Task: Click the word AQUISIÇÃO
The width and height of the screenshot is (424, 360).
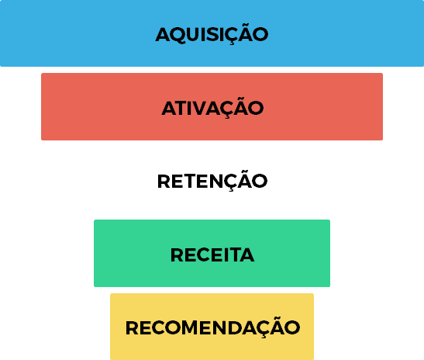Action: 212,34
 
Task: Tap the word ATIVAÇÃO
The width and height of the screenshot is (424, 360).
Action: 212,108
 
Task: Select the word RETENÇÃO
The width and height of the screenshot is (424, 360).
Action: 212,181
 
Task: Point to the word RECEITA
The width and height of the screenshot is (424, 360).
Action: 212,254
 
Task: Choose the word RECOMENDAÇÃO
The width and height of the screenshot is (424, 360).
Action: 212,327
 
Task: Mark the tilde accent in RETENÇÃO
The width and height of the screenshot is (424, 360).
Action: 246,171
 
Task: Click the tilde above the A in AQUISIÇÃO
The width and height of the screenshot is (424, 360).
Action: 246,25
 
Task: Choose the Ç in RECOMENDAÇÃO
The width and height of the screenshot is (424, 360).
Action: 264,329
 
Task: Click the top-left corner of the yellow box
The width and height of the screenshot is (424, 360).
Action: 110,294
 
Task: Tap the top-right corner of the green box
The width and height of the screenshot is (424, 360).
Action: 330,220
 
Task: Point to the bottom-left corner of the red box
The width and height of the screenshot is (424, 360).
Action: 41,140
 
